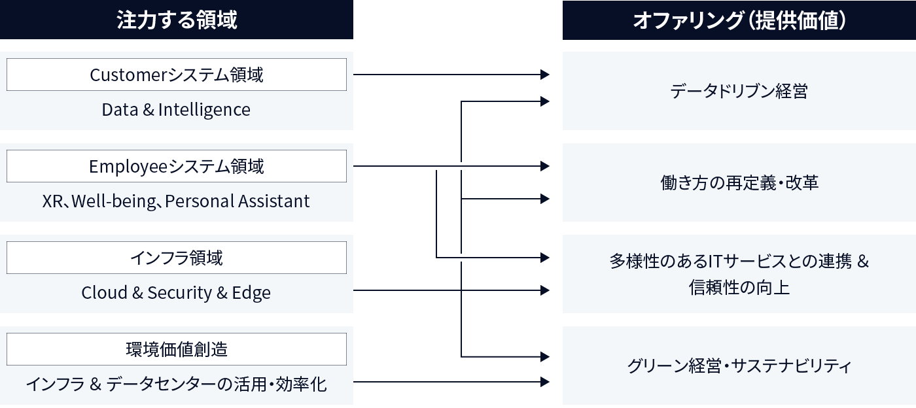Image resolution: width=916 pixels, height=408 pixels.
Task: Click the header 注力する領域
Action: coord(177,20)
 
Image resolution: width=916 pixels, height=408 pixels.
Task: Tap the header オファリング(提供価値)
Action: coord(739,20)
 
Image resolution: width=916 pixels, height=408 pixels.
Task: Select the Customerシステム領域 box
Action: coord(177,75)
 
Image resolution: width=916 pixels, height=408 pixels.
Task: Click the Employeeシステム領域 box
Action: coord(177,166)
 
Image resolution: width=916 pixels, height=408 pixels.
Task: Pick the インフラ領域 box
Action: coord(177,258)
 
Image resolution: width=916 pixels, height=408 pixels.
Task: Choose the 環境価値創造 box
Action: coord(177,349)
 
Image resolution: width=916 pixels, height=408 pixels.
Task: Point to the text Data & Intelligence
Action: coord(176,110)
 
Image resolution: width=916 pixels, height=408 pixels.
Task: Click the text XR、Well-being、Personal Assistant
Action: coord(176,201)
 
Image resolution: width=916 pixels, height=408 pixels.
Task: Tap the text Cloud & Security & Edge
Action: coord(176,293)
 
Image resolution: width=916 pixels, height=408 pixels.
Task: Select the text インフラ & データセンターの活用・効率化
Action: coord(176,384)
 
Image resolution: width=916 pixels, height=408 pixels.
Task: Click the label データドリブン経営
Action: coord(739,91)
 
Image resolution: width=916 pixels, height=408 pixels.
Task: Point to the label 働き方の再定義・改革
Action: coord(739,182)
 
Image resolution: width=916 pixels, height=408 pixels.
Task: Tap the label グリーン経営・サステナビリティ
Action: coord(739,365)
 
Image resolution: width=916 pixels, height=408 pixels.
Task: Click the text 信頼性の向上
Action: coord(739,287)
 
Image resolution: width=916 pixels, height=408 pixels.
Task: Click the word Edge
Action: coord(251,293)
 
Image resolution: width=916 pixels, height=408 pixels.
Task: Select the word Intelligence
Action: coord(204,110)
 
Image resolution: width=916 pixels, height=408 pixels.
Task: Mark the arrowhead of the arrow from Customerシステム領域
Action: coord(545,75)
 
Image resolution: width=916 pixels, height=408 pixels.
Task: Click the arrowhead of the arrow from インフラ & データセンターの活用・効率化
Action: coord(545,382)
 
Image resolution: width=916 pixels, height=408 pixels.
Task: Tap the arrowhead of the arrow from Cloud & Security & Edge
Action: coord(545,290)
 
